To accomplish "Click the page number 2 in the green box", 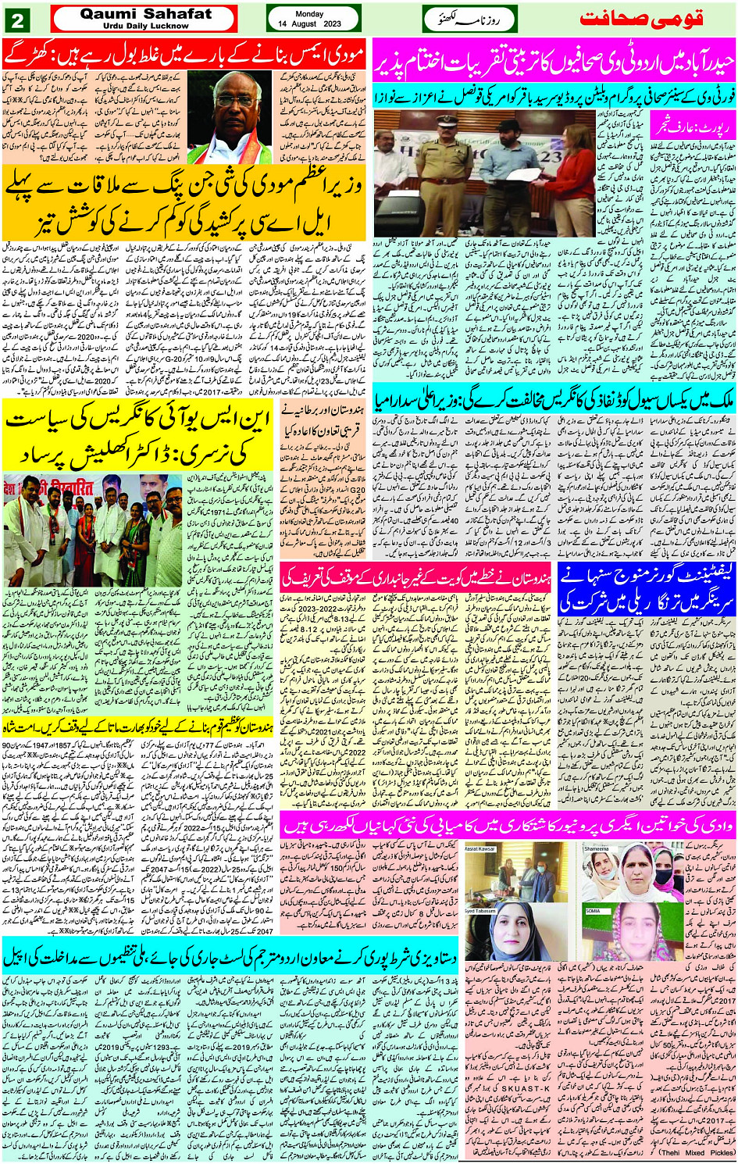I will tap(18, 20).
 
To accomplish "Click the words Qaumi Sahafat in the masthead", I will tap(145, 13).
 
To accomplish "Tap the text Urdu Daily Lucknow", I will tap(145, 25).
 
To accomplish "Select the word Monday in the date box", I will tap(309, 14).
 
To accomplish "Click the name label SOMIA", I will tap(593, 911).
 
